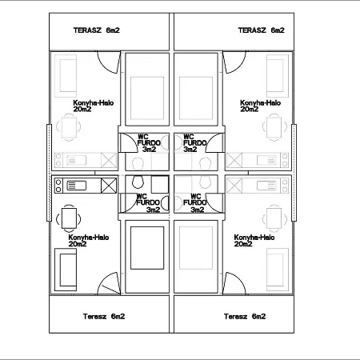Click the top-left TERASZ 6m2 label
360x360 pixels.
click(x=97, y=30)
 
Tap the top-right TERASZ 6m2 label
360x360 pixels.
click(x=262, y=30)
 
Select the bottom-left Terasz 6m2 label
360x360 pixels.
click(x=104, y=316)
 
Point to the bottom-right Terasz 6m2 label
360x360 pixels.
click(x=245, y=316)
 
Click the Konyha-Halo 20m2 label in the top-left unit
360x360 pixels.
click(x=94, y=106)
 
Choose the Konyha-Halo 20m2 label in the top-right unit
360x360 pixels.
click(x=260, y=106)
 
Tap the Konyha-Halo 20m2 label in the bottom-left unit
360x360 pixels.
click(x=89, y=241)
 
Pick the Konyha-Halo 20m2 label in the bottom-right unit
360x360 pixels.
click(x=254, y=241)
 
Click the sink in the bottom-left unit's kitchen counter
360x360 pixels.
click(x=76, y=186)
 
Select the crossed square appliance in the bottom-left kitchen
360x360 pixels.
click(x=109, y=186)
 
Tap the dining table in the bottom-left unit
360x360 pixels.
click(x=69, y=218)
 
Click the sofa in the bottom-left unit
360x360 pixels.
click(x=66, y=270)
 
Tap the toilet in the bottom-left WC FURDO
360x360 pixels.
click(x=138, y=182)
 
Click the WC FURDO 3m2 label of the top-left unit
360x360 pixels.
click(x=149, y=143)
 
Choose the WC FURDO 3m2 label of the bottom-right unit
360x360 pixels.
click(x=195, y=203)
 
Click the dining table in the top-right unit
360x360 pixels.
click(x=274, y=127)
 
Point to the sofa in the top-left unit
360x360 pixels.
click(x=66, y=76)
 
